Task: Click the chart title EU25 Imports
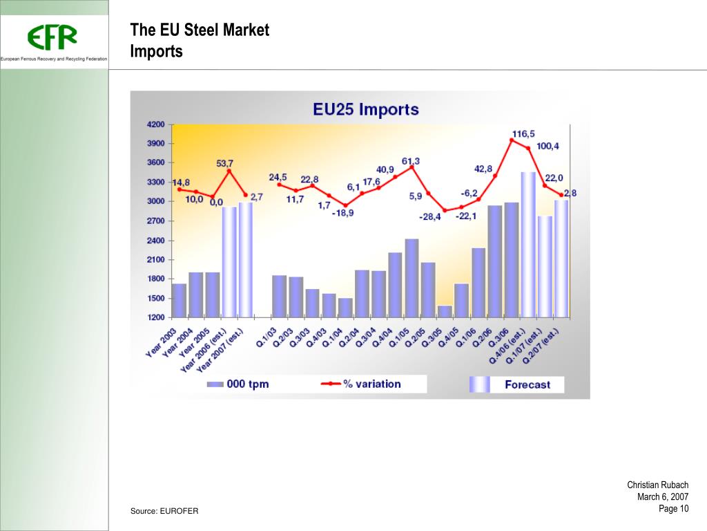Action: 365,109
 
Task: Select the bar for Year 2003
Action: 179,301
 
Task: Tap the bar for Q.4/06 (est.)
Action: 527,245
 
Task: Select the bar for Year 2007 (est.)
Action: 245,260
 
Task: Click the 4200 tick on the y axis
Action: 155,124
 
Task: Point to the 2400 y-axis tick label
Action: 155,241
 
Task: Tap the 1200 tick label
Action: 155,317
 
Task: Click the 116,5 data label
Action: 523,133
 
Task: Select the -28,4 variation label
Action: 429,216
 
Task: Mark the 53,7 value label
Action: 225,163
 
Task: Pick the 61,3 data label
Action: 411,160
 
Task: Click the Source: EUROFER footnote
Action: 164,511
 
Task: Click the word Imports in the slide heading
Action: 156,52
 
